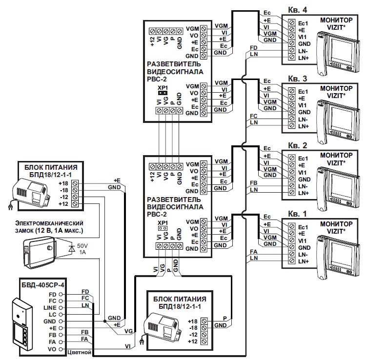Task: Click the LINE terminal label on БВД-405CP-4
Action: [50, 308]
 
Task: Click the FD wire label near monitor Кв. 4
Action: [253, 48]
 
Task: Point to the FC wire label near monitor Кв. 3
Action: [253, 116]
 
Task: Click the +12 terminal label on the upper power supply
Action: [64, 203]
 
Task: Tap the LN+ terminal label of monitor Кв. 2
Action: [303, 194]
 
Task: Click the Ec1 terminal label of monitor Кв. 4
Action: [303, 22]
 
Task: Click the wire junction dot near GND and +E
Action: [104, 321]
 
